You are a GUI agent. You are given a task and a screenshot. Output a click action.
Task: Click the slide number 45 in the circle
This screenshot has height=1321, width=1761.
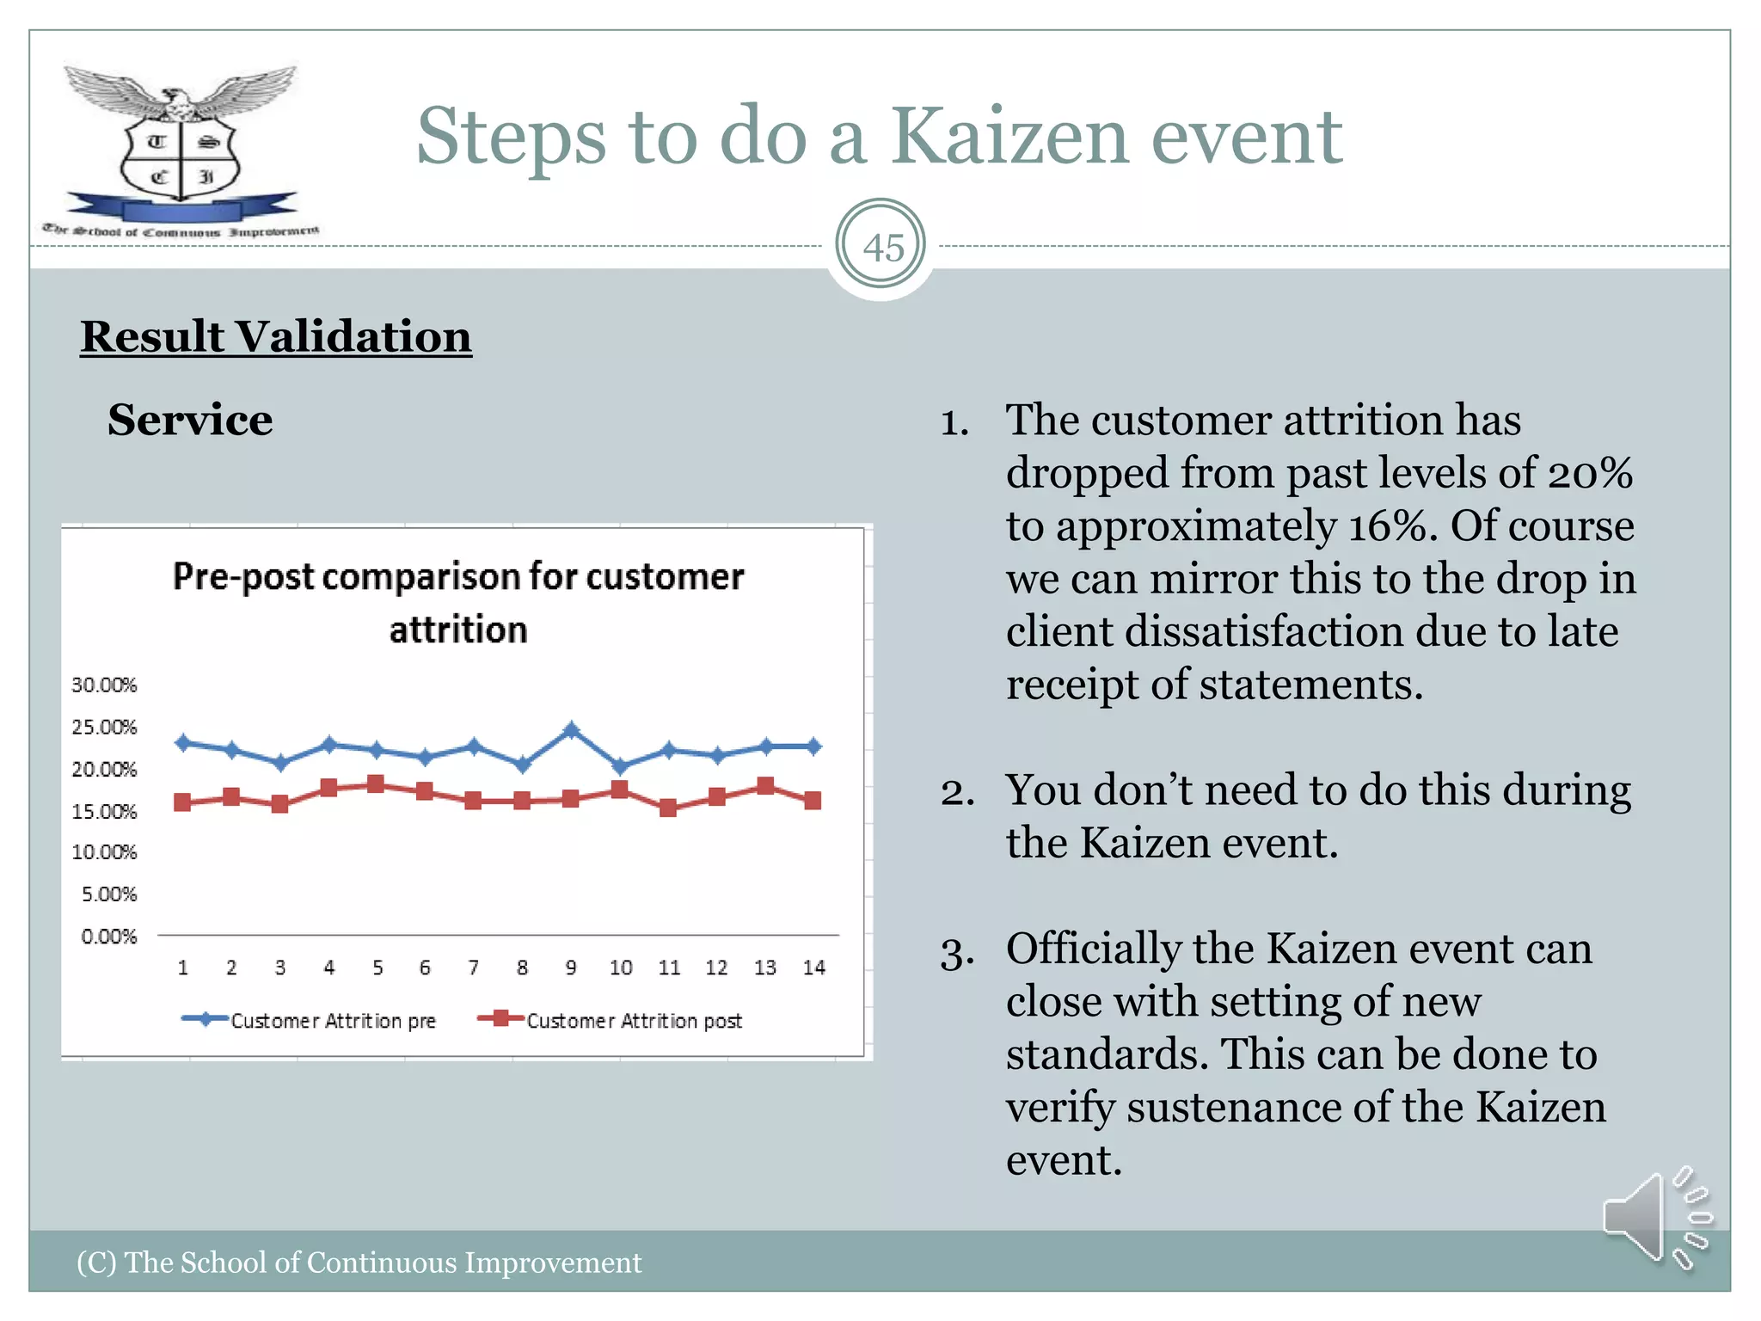tap(882, 248)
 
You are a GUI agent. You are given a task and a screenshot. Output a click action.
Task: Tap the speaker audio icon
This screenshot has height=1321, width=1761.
tap(1654, 1218)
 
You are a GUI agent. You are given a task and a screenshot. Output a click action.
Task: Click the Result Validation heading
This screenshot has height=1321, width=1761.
tap(276, 336)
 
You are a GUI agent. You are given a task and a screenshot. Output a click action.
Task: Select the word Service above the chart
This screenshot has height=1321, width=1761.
tap(190, 421)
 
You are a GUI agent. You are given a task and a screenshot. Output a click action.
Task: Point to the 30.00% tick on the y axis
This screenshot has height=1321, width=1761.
tap(104, 685)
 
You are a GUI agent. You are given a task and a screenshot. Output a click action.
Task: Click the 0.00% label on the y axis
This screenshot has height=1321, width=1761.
tap(108, 937)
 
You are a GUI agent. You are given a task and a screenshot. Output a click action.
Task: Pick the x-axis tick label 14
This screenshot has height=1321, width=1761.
tap(813, 968)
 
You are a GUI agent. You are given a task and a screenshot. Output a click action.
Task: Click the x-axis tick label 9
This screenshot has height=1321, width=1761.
tap(571, 968)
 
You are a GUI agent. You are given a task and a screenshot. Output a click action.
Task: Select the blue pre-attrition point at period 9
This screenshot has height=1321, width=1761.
tap(571, 730)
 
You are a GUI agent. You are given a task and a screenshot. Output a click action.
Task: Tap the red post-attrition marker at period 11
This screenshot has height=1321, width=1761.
tap(668, 808)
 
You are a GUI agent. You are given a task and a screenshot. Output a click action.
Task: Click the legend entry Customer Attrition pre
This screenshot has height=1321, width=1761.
tap(333, 1021)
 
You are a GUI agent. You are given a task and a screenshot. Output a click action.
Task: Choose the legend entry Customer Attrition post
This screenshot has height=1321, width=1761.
tap(634, 1021)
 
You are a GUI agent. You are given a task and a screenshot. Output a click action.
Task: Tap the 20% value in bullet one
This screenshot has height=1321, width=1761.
tap(1589, 474)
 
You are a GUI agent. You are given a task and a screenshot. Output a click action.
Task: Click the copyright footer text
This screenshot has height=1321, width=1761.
tap(359, 1263)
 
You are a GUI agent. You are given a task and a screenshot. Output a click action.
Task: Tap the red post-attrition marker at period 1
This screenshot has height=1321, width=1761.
tap(182, 802)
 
